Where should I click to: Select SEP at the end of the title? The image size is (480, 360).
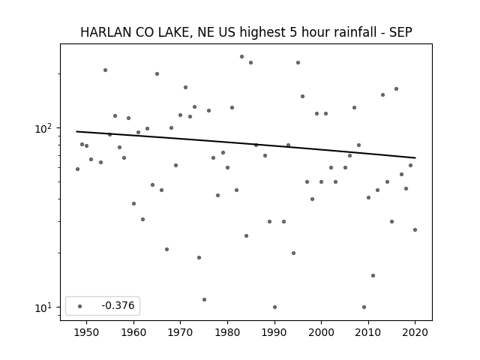400,32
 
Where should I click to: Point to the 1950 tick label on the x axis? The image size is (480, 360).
87,332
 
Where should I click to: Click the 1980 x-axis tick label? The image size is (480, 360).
227,332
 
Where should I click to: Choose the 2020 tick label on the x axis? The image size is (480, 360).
415,332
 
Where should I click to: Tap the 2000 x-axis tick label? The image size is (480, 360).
321,332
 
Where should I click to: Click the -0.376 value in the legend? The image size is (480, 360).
118,305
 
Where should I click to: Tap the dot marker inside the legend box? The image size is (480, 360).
80,306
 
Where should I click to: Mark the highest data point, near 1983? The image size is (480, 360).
241,57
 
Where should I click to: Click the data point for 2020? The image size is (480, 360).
415,230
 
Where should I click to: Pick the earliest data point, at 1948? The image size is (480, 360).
77,169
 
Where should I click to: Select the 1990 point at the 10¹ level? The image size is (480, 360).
274,307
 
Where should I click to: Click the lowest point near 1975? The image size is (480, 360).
204,300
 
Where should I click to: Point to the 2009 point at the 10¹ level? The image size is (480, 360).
364,307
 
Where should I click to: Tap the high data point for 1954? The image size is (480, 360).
105,70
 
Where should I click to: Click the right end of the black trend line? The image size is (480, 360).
415,158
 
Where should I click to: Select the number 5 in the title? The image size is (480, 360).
292,32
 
